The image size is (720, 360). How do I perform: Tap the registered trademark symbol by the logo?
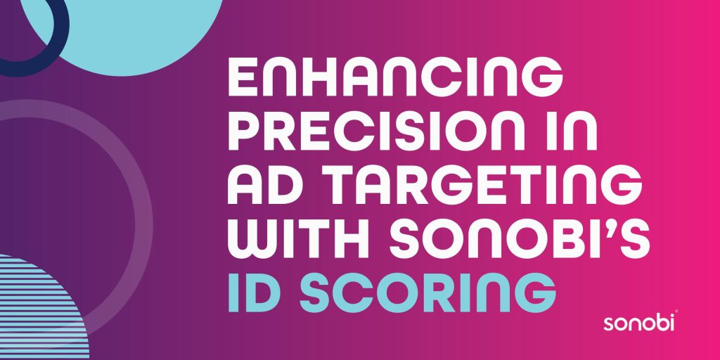coord(676,312)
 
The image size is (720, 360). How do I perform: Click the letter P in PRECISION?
coord(245,131)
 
